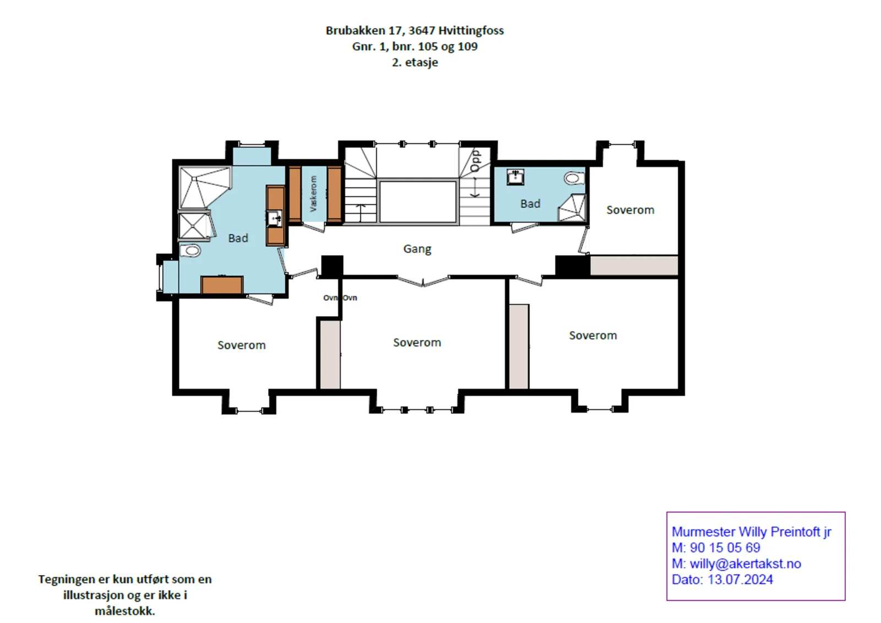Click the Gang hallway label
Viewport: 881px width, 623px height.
point(417,249)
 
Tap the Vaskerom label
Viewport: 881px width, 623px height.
point(313,194)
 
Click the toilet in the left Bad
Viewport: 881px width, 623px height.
point(191,251)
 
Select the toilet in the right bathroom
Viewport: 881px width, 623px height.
point(574,178)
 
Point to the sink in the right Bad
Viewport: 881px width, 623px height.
point(515,177)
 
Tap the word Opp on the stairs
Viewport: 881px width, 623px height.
point(476,160)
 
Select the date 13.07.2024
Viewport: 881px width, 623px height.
point(740,579)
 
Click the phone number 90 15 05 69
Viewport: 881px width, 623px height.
point(725,548)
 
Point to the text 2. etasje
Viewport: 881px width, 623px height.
point(415,62)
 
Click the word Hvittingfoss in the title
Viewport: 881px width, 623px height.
point(471,30)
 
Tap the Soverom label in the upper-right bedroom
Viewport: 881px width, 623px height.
point(630,210)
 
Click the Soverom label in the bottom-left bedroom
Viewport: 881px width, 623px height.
point(242,345)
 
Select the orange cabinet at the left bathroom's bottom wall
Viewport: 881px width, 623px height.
point(222,285)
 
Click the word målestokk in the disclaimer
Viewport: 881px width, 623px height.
point(124,611)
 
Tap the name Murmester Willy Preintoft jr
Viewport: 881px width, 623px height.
point(751,532)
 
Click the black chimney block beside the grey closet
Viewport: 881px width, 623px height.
point(572,266)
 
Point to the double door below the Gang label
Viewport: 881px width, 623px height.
point(423,280)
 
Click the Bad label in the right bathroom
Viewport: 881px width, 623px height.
point(530,203)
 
